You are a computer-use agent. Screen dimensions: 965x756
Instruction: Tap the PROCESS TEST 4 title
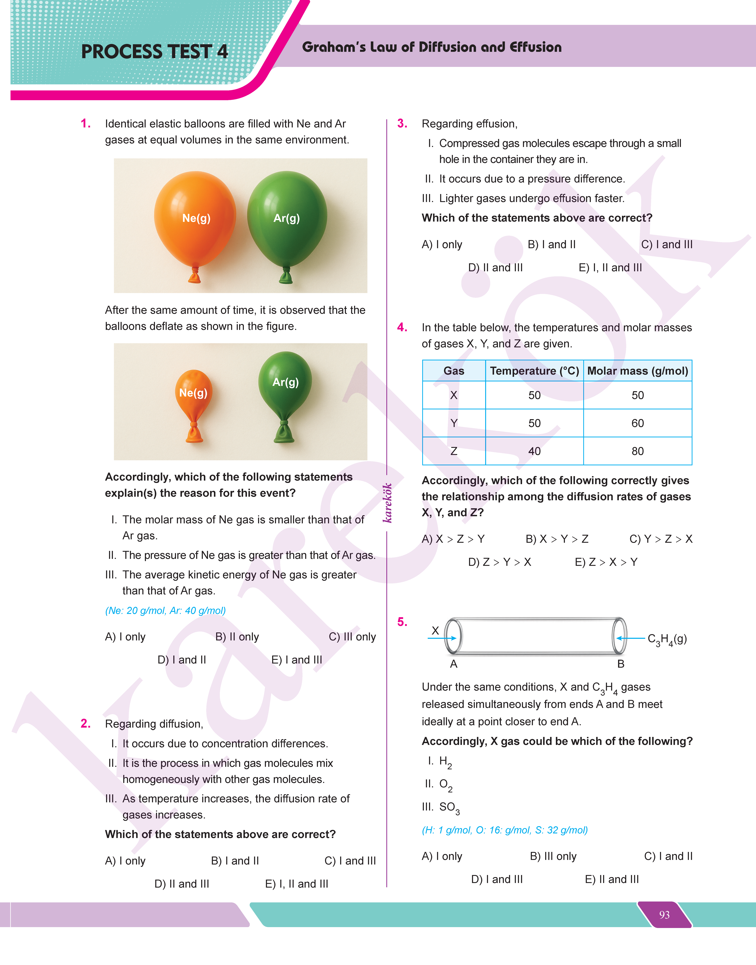(x=155, y=52)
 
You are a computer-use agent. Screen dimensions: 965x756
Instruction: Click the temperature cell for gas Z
(x=534, y=451)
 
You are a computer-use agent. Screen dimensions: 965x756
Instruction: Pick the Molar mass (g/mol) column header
(x=637, y=371)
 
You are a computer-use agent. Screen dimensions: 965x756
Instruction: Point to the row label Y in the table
(x=454, y=423)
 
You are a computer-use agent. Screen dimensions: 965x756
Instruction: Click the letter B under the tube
(x=621, y=664)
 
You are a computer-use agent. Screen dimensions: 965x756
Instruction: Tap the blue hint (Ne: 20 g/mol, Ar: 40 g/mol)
(x=165, y=611)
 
